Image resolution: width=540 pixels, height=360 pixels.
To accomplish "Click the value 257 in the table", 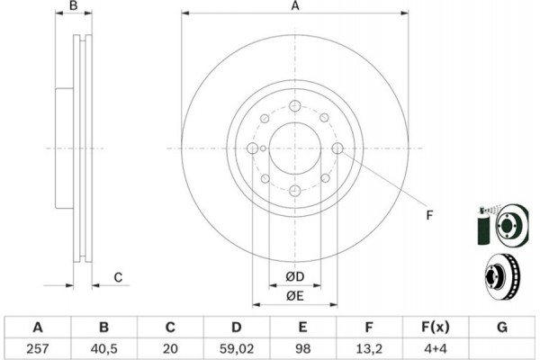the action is click(38, 349).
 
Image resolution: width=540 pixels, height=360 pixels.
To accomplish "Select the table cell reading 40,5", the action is click(104, 349).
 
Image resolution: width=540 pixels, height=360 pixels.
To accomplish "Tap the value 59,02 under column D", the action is click(237, 349).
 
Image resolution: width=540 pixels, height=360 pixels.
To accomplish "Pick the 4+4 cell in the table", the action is click(436, 349).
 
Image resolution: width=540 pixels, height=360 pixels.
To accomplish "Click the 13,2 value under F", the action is click(369, 349).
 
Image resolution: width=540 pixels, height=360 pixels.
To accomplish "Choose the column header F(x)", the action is click(436, 327).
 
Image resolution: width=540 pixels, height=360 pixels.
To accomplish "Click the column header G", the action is click(502, 327).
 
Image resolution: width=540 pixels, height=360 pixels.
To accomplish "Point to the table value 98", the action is click(302, 349).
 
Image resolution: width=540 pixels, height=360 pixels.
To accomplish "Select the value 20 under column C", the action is click(170, 349).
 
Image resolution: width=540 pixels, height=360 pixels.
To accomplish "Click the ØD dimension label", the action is click(295, 276).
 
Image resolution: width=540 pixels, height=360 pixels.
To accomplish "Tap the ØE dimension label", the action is click(295, 296).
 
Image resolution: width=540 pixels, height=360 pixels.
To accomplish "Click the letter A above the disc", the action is click(295, 6).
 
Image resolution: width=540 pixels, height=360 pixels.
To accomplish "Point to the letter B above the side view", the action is click(74, 6).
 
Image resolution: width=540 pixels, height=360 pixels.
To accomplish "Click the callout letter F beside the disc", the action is click(429, 215).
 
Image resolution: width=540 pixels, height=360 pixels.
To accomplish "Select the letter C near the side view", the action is click(118, 277).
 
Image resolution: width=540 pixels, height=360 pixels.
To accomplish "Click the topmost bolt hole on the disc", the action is click(295, 106).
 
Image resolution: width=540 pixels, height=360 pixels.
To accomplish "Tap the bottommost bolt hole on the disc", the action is click(295, 191).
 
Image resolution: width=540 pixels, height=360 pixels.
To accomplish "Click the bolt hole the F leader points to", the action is click(337, 148).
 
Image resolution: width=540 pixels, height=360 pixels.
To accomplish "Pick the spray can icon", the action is click(484, 226).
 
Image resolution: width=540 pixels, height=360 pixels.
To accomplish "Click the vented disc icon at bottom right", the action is click(502, 277).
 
